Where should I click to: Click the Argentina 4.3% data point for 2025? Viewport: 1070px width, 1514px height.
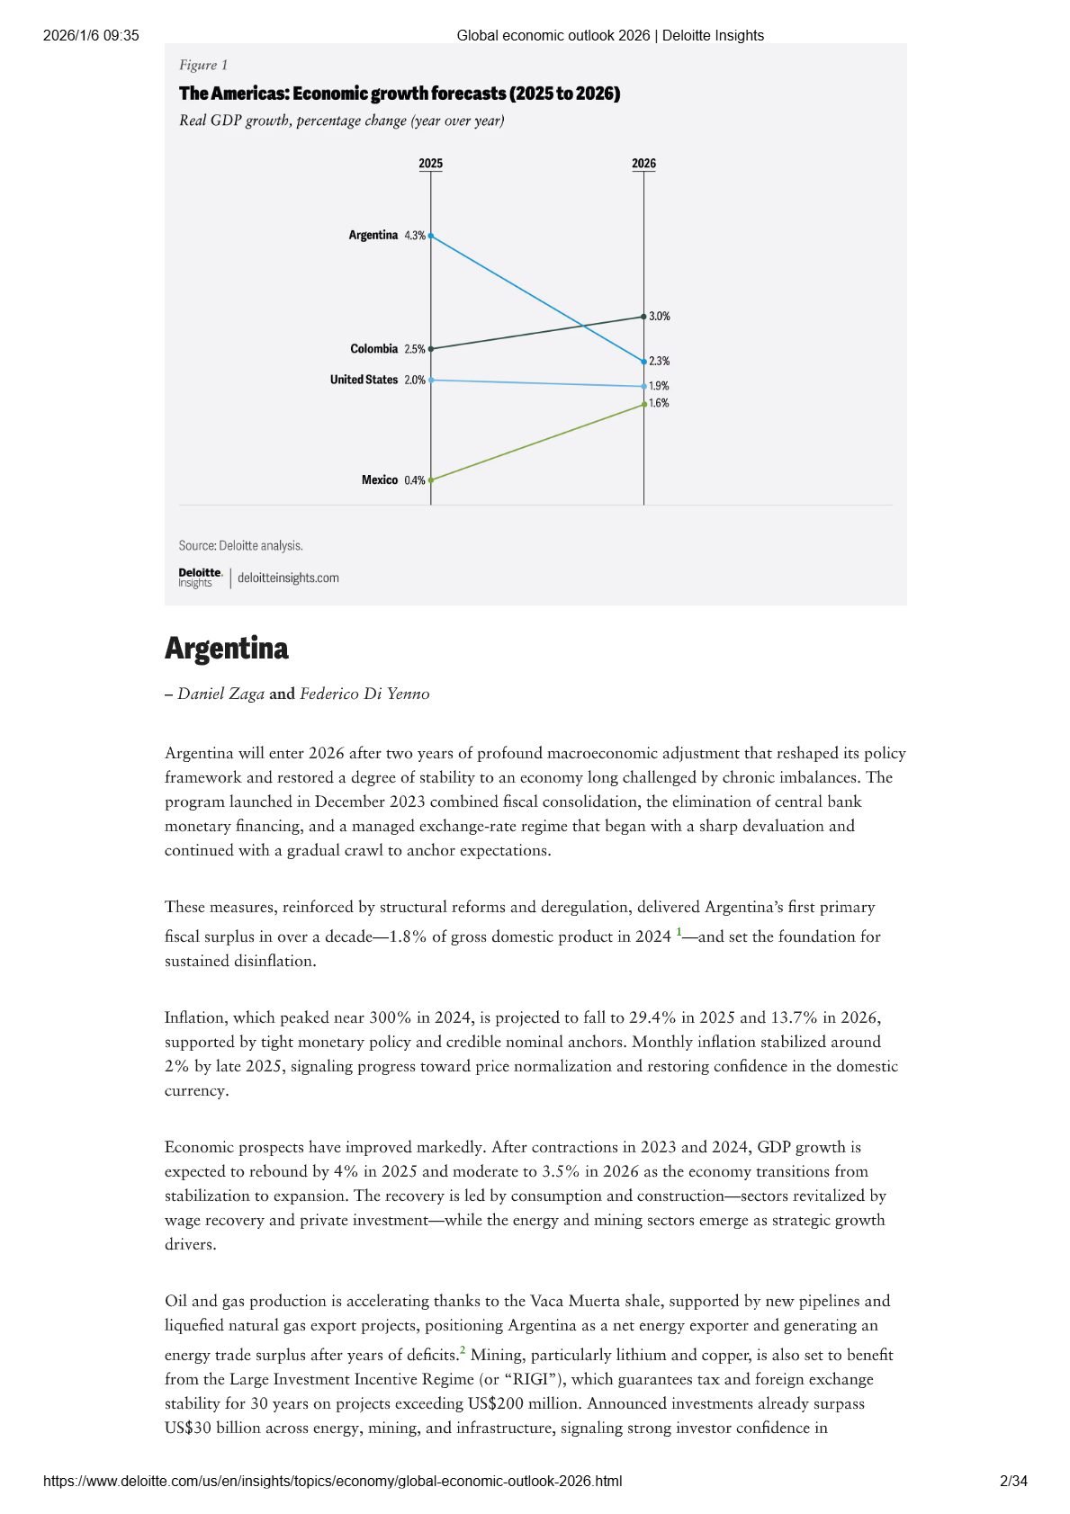(x=431, y=236)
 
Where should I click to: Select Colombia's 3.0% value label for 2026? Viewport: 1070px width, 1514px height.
(x=660, y=317)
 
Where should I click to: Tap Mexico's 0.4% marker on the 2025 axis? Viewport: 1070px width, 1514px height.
(x=431, y=480)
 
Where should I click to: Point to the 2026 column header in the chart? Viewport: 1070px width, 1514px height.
(x=643, y=164)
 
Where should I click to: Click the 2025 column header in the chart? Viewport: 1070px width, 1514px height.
(x=431, y=164)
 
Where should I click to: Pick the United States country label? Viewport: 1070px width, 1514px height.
(x=364, y=380)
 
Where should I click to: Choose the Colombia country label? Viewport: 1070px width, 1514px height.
(x=373, y=349)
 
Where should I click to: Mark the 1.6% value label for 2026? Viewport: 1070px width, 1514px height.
(x=660, y=403)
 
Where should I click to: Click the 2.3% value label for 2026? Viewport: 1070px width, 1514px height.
(x=660, y=361)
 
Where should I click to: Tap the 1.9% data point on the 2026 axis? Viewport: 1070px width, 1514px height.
(x=643, y=387)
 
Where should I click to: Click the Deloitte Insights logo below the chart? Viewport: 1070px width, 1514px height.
(x=200, y=578)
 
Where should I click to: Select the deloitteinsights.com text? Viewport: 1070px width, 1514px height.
(x=288, y=578)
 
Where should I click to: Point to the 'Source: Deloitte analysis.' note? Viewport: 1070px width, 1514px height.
(x=240, y=546)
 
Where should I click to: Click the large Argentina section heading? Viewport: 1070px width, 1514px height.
(x=227, y=649)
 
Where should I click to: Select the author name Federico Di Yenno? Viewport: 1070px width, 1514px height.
(x=364, y=694)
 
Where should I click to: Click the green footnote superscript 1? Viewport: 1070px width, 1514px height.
(x=679, y=932)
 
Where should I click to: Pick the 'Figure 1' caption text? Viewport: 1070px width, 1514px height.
(x=203, y=65)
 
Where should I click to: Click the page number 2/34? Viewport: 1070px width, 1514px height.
(x=1013, y=1482)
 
